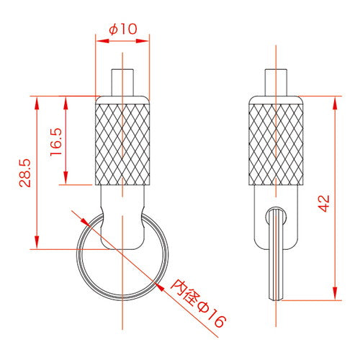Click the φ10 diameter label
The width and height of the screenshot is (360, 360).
tap(123, 30)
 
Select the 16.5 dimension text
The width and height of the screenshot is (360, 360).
tap(56, 142)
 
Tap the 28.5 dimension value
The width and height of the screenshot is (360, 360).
tap(25, 173)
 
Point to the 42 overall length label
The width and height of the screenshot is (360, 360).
tap(324, 204)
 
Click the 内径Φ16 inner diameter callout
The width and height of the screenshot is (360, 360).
tap(198, 303)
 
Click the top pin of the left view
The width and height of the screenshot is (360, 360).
tap(122, 83)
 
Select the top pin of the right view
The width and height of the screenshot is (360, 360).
tap(276, 83)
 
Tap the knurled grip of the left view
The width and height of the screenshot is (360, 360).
tap(122, 145)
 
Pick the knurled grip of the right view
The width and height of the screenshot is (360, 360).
tap(276, 145)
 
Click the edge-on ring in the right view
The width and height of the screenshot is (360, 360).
tap(276, 254)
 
